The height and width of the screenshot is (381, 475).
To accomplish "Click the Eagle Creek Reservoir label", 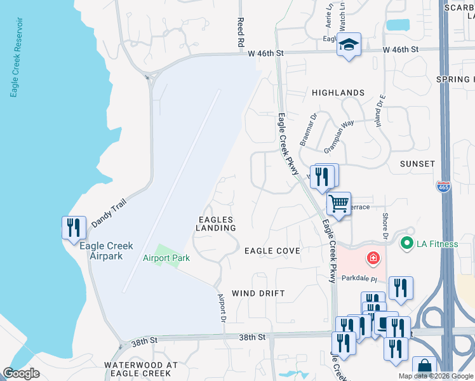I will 16,57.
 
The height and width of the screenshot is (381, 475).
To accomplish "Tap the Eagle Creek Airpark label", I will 111,251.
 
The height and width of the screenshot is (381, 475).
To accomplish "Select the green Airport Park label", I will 166,258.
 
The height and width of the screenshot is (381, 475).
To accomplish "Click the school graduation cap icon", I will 348,45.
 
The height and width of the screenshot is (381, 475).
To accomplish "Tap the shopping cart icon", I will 338,204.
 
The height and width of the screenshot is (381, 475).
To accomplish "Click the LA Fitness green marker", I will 405,243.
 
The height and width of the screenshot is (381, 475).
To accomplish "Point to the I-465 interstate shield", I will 444,187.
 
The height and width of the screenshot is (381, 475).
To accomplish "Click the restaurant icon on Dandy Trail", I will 74,227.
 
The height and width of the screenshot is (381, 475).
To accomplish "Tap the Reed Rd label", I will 241,34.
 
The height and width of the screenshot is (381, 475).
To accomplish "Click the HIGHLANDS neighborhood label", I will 338,93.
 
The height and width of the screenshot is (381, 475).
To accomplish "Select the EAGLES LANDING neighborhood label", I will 216,223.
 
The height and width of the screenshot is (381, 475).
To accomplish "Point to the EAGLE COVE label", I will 272,251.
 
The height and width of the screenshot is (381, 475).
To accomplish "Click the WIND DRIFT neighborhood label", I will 258,293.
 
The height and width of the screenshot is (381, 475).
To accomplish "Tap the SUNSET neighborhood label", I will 417,164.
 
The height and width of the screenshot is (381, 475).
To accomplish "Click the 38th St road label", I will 253,337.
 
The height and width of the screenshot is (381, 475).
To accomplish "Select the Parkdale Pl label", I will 359,279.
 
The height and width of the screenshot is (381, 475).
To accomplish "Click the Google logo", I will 22,373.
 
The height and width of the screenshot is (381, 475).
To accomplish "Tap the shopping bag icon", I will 424,368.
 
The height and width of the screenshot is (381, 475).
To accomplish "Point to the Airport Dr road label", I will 222,308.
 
